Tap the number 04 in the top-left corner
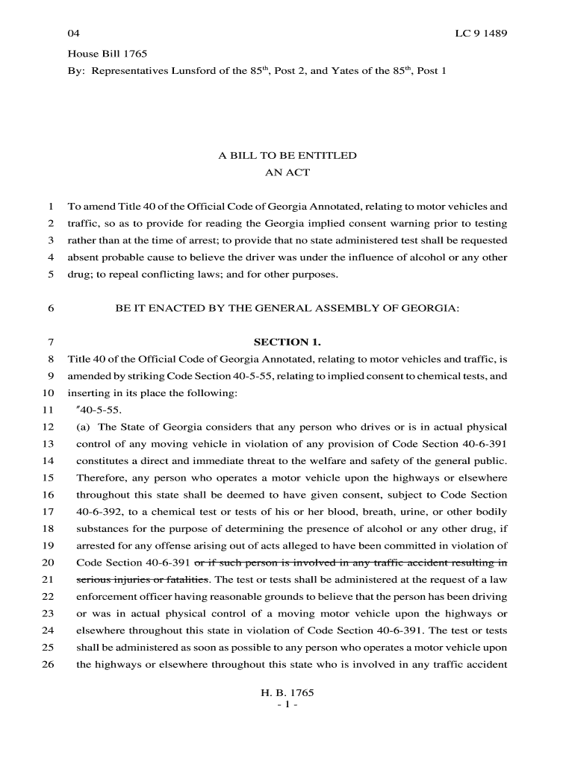(x=73, y=34)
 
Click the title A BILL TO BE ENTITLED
(x=287, y=156)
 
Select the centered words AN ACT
(x=287, y=173)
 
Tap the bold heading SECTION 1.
(x=287, y=342)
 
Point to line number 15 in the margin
(x=47, y=478)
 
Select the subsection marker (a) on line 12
(x=84, y=428)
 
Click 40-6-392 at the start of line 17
(x=98, y=512)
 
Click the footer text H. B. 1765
(x=287, y=692)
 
